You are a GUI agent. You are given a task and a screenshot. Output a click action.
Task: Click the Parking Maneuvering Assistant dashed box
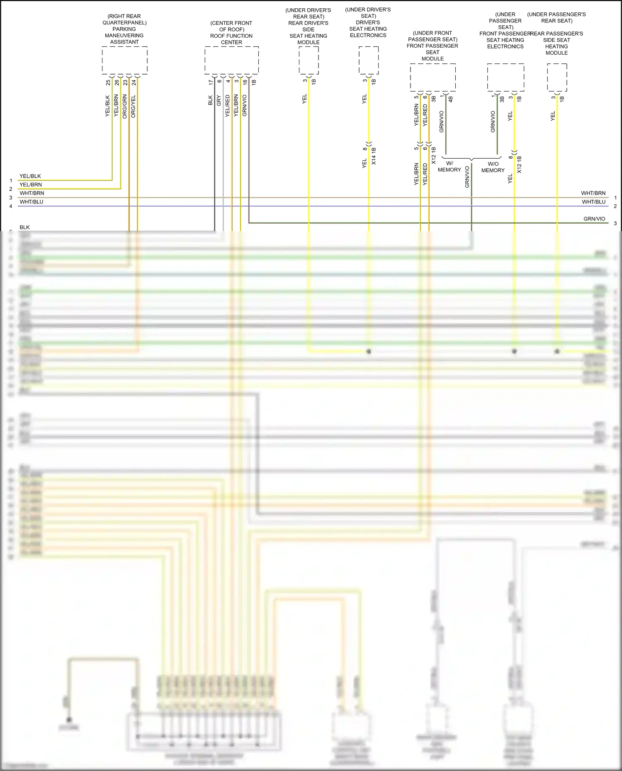(x=124, y=60)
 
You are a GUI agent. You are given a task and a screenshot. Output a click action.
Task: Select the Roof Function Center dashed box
(x=231, y=60)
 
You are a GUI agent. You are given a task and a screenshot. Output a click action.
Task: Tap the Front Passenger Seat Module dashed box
(x=432, y=77)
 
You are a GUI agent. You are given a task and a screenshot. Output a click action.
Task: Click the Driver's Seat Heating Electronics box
(x=368, y=60)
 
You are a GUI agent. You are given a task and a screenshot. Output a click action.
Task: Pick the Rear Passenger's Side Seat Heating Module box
(x=556, y=77)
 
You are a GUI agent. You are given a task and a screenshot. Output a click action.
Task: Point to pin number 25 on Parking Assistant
(x=108, y=82)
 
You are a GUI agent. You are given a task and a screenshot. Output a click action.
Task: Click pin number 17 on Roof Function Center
(x=211, y=82)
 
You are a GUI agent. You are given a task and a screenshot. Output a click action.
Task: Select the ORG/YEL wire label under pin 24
(x=133, y=106)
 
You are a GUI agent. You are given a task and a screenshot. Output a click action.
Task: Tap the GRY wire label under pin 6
(x=219, y=100)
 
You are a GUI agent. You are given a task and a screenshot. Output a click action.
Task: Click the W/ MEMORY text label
(x=449, y=167)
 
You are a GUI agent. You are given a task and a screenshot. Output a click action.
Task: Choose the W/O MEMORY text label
(x=493, y=167)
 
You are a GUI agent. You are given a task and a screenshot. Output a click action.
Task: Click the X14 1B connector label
(x=374, y=156)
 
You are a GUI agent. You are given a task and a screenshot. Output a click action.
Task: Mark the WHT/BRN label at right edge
(x=593, y=193)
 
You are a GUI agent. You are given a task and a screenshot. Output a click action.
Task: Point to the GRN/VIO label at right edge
(x=594, y=219)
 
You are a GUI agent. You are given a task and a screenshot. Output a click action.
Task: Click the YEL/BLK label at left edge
(x=30, y=176)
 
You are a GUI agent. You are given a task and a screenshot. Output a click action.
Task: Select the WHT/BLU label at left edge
(x=32, y=202)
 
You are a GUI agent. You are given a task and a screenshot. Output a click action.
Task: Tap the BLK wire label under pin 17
(x=210, y=100)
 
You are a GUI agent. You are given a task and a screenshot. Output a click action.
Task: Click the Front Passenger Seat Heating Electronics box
(x=505, y=77)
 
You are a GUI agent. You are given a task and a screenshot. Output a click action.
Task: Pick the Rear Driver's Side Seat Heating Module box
(x=309, y=60)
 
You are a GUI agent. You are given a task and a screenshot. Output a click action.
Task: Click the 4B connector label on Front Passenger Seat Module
(x=450, y=99)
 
